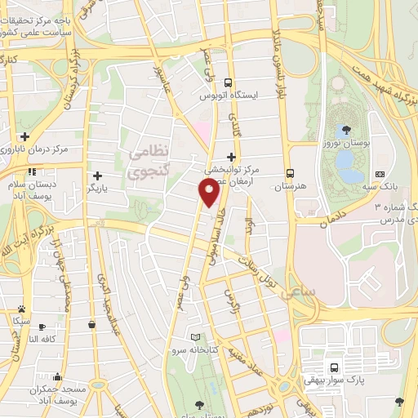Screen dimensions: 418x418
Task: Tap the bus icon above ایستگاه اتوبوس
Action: [x=229, y=82]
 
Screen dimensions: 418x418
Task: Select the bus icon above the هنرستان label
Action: [x=290, y=173]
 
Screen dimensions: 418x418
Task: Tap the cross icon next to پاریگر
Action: [x=97, y=176]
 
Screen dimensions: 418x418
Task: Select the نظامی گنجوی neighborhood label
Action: [x=148, y=161]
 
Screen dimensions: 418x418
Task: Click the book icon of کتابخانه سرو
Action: [x=194, y=338]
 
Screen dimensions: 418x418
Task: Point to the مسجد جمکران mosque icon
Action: [x=57, y=377]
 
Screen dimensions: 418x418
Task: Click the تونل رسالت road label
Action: [x=263, y=269]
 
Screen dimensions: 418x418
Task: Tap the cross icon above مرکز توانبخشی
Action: [x=231, y=157]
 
